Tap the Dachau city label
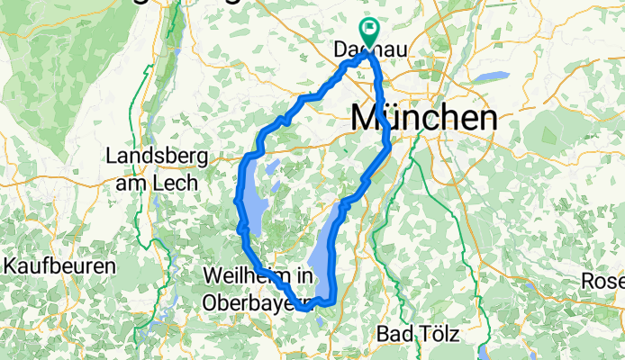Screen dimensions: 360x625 (x=372, y=53)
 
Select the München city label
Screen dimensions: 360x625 (x=423, y=118)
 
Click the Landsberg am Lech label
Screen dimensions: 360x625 (x=157, y=168)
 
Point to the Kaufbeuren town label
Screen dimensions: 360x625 (x=60, y=266)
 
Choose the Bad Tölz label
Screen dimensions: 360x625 (x=419, y=335)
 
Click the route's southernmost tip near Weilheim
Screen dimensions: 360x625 (x=303, y=308)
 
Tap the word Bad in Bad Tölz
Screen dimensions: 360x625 (x=395, y=335)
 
